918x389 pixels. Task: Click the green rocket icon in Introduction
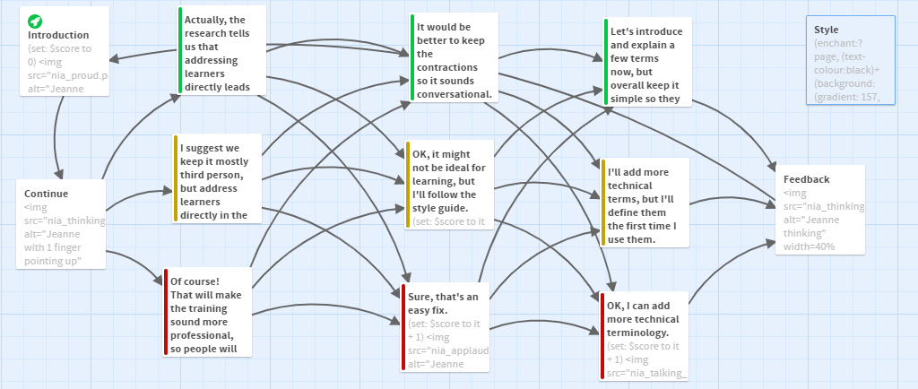[34, 21]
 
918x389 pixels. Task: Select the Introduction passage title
[58, 36]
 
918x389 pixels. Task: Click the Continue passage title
[47, 194]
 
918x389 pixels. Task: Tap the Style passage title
[827, 30]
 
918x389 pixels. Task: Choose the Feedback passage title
[806, 179]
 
